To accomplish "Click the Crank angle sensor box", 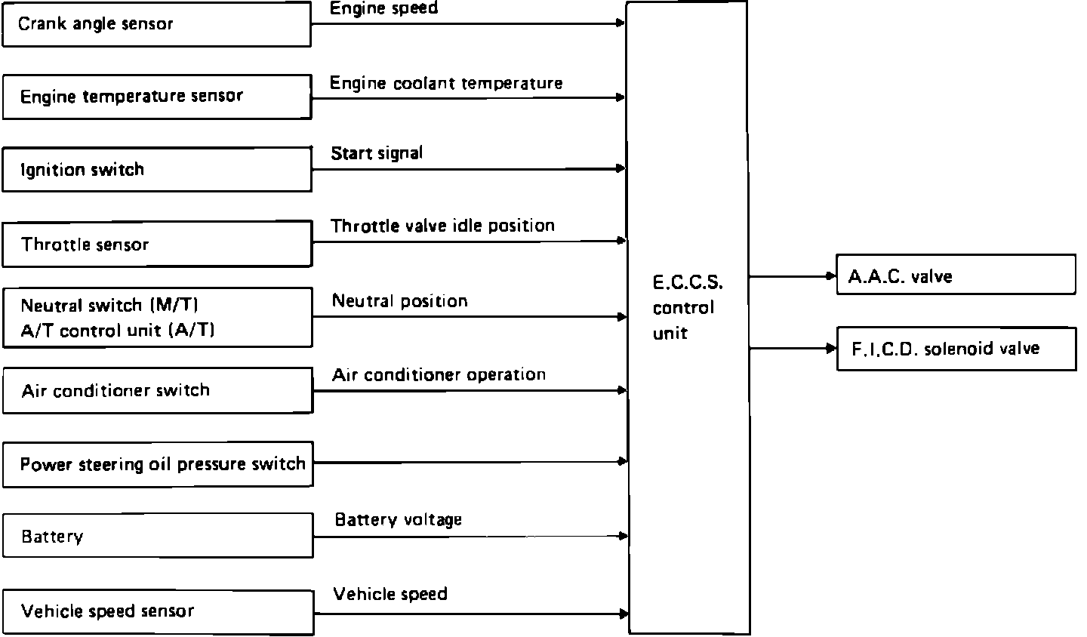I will click(x=156, y=24).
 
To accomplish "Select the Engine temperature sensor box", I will click(x=156, y=97).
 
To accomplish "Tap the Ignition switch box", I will click(x=156, y=169).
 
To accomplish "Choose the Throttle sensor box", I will click(x=156, y=244).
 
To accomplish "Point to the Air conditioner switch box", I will click(x=157, y=390).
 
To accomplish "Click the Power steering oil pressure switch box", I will click(x=157, y=463).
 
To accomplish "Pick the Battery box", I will click(x=157, y=536).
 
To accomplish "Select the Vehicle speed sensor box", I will click(x=157, y=611).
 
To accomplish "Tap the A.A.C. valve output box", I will click(x=956, y=275).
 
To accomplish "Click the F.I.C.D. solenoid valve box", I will click(x=956, y=349).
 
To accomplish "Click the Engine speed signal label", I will click(x=383, y=9).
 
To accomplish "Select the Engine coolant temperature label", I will click(x=446, y=83).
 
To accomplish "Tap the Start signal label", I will click(x=377, y=154).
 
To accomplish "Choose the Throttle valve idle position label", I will click(x=442, y=226).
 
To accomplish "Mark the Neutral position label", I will click(x=400, y=301).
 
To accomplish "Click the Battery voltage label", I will click(x=398, y=520).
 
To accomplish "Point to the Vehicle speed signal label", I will click(x=390, y=594).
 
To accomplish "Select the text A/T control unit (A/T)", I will click(x=117, y=331).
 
